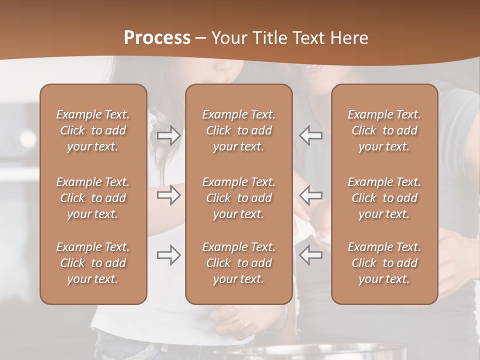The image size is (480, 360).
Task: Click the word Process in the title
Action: (x=157, y=38)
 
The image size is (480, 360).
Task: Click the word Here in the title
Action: (x=350, y=38)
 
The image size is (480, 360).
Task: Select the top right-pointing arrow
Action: (x=168, y=135)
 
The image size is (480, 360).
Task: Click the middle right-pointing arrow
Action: (x=168, y=195)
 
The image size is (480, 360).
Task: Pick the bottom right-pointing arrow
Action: (x=168, y=255)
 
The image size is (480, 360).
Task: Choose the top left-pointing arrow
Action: (x=310, y=135)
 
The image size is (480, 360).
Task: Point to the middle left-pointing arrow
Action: (x=310, y=195)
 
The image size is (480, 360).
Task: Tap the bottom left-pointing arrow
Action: (x=310, y=255)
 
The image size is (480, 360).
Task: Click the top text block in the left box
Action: (x=93, y=130)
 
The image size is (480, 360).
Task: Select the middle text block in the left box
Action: (x=93, y=198)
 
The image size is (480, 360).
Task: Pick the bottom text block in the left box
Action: (x=93, y=263)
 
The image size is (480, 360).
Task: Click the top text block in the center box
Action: (x=238, y=130)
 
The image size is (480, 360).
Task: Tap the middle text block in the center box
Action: (x=238, y=198)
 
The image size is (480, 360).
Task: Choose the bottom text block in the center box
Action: (x=238, y=263)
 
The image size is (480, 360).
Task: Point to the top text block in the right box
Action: (x=384, y=130)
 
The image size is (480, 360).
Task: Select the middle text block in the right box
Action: (x=384, y=198)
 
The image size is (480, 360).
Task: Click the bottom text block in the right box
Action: (x=384, y=263)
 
